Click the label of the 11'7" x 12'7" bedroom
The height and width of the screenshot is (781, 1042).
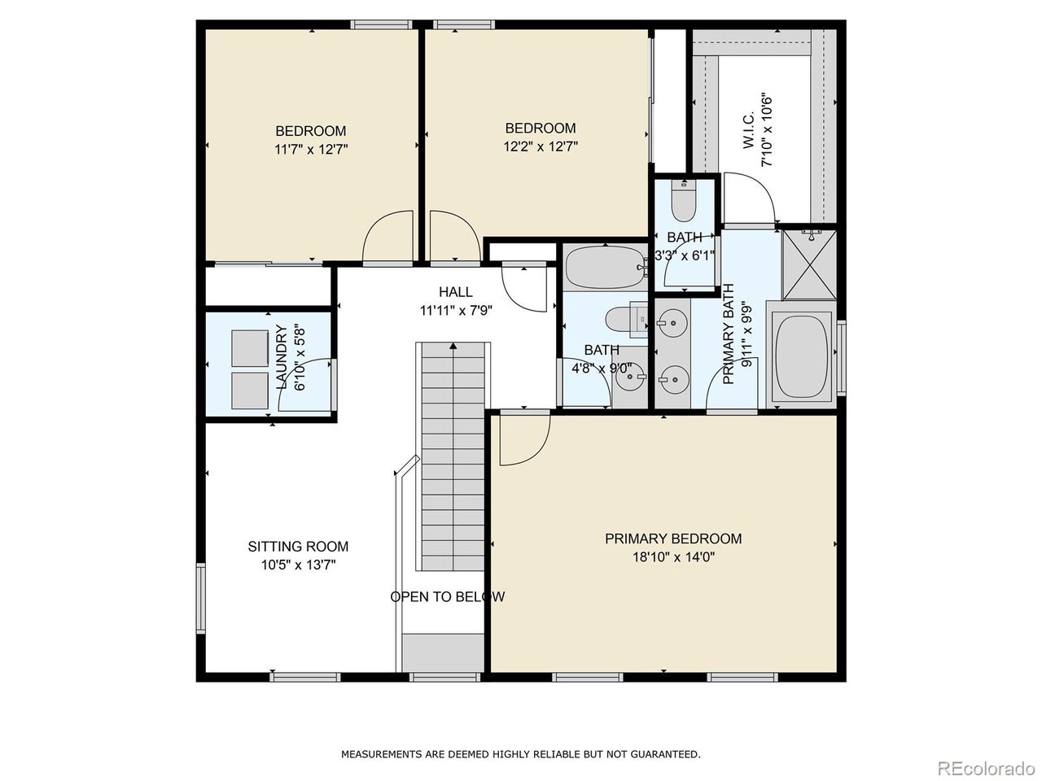[x=310, y=131]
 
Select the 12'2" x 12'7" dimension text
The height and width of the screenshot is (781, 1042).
[x=541, y=147]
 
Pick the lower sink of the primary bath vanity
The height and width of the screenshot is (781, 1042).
[x=672, y=377]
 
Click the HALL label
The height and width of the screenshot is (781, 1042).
[x=455, y=292]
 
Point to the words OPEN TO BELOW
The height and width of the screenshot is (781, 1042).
[x=447, y=597]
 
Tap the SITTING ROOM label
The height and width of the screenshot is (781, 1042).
[x=298, y=547]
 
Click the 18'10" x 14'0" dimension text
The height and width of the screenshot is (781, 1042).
[x=672, y=557]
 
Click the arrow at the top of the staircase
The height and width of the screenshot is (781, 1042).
[x=453, y=347]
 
